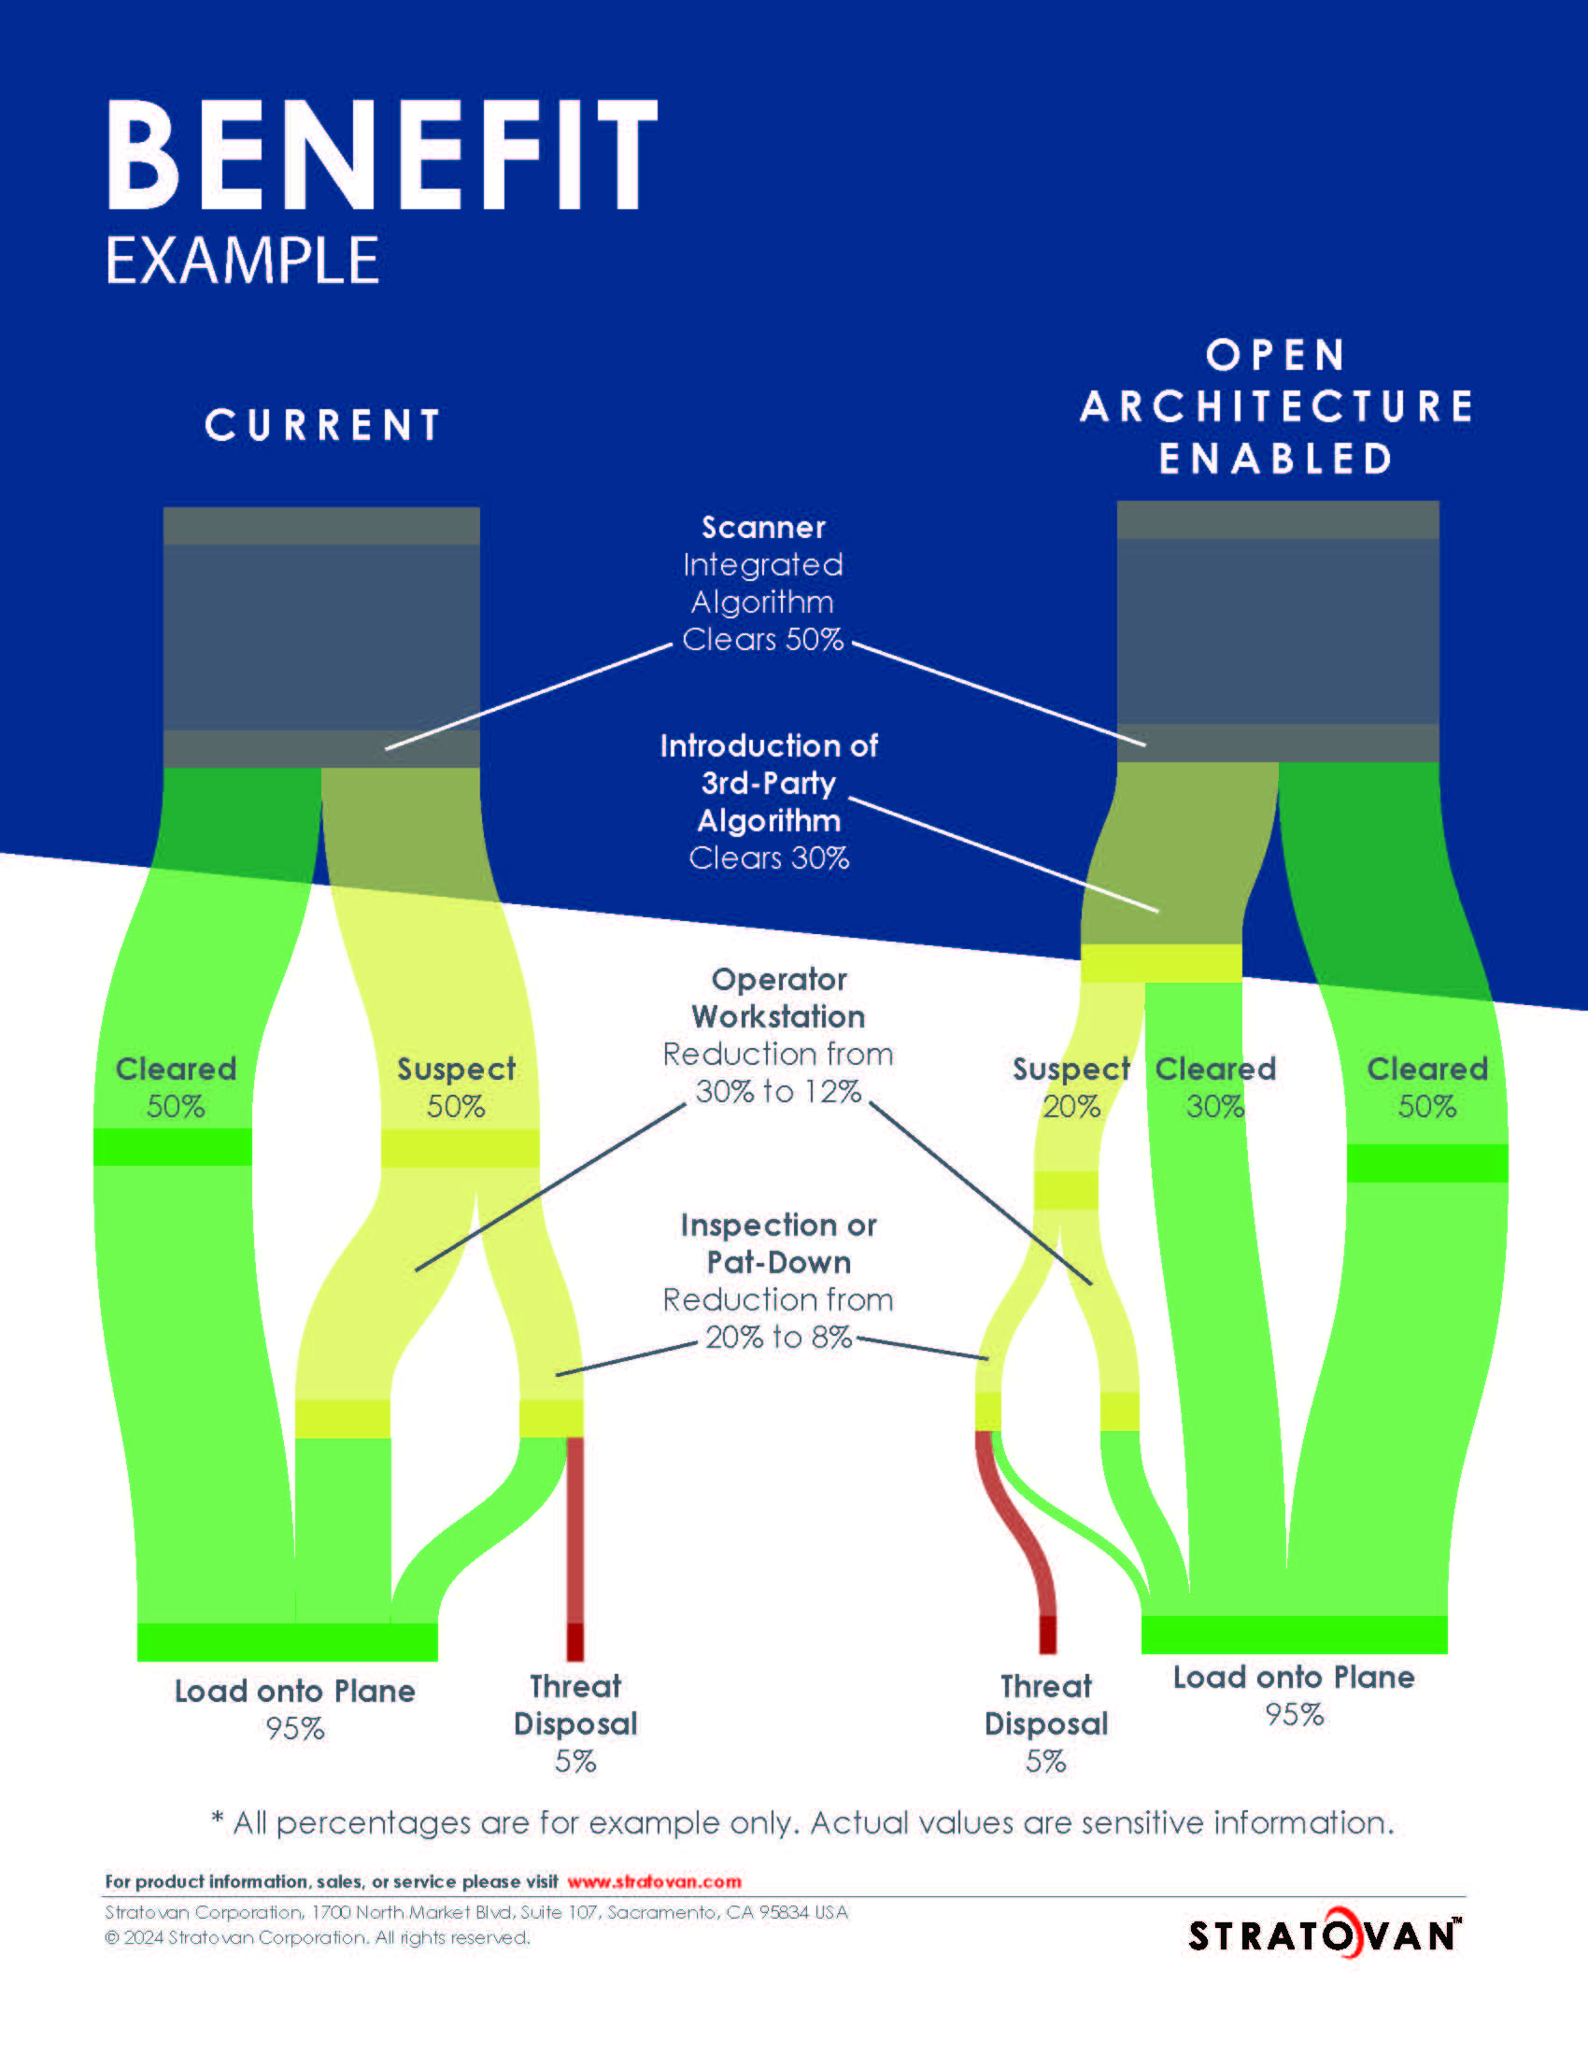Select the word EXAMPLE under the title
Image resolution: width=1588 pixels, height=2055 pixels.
coord(242,261)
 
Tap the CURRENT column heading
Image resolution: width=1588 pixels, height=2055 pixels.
coord(322,425)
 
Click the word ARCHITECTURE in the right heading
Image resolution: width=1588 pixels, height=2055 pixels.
coord(1276,407)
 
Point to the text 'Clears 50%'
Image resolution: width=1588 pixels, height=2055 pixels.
coord(762,640)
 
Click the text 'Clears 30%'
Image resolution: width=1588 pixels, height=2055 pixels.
coord(769,858)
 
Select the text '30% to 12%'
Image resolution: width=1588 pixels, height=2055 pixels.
coord(778,1091)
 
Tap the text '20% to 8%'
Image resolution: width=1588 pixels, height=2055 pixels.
coord(778,1337)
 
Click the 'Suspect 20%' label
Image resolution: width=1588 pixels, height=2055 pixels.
coord(1070,1086)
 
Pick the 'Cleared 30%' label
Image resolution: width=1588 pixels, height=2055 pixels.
coord(1214,1086)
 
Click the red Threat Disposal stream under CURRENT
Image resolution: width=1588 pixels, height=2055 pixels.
coord(574,1543)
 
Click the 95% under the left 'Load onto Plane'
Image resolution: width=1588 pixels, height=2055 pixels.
coord(294,1728)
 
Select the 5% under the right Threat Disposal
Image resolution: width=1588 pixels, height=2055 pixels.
coord(1045,1761)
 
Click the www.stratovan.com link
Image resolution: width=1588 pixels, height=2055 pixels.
coord(654,1882)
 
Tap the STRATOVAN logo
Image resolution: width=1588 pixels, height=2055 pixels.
coord(1324,1935)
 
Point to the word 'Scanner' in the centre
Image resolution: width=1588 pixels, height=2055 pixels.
coord(763,528)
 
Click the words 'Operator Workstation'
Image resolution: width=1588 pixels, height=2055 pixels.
coord(778,999)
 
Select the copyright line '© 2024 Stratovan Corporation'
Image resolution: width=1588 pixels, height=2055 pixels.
coord(316,1937)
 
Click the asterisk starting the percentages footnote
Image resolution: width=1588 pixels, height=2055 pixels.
coord(218,1820)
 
